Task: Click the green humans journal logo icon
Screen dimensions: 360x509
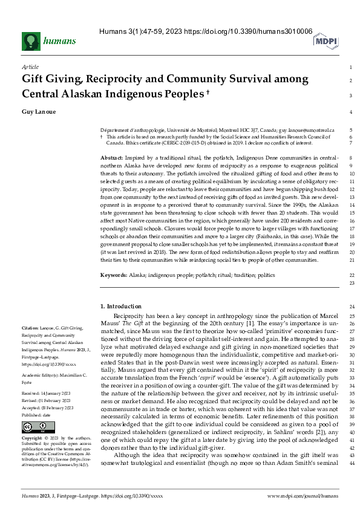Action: [x=31, y=41]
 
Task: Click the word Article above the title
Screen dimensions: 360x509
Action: [x=30, y=67]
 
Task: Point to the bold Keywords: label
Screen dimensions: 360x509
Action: [x=114, y=274]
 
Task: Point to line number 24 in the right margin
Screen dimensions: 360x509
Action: [x=351, y=307]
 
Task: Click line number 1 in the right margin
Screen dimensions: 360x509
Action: [x=351, y=67]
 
